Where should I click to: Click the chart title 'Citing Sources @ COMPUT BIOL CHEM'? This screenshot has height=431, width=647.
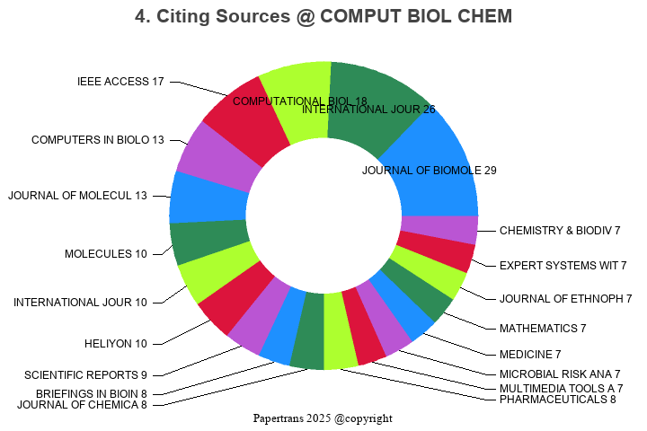click(323, 16)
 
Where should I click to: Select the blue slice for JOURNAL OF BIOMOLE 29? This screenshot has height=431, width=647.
click(431, 162)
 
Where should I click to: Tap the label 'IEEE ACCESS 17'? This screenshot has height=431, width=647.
click(120, 82)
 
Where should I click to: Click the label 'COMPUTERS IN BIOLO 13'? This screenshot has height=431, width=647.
click(98, 140)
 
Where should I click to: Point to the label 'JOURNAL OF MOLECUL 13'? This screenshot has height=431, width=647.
click(77, 196)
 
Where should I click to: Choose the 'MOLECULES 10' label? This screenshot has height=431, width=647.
click(105, 254)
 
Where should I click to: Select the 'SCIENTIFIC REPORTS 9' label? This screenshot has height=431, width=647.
click(85, 374)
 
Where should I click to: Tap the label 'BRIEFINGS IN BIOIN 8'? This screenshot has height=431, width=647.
click(91, 394)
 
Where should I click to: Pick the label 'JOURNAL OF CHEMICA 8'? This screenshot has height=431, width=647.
click(82, 405)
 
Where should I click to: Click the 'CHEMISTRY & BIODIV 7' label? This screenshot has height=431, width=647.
click(561, 231)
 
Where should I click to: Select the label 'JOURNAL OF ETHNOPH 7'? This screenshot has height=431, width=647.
click(566, 299)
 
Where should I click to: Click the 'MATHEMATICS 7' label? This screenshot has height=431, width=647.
click(543, 329)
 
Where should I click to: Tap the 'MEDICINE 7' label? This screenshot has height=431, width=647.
click(530, 355)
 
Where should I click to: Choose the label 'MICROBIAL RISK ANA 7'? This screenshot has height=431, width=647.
click(560, 374)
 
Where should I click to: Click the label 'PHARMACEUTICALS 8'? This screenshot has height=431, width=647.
click(558, 399)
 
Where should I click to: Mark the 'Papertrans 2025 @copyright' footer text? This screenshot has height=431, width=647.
click(323, 418)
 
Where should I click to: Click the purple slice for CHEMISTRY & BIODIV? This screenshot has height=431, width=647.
click(439, 229)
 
